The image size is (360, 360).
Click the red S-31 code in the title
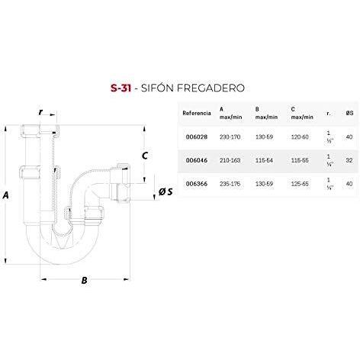tap(121, 88)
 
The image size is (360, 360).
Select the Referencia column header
tap(197, 113)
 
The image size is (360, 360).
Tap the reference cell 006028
tap(197, 137)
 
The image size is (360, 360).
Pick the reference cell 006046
tap(197, 160)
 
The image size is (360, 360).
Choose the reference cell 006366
tap(197, 184)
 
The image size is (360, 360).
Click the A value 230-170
tap(230, 137)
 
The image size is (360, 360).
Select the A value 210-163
tap(230, 160)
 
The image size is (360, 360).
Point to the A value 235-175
tap(230, 184)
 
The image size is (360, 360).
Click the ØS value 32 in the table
tap(349, 160)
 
